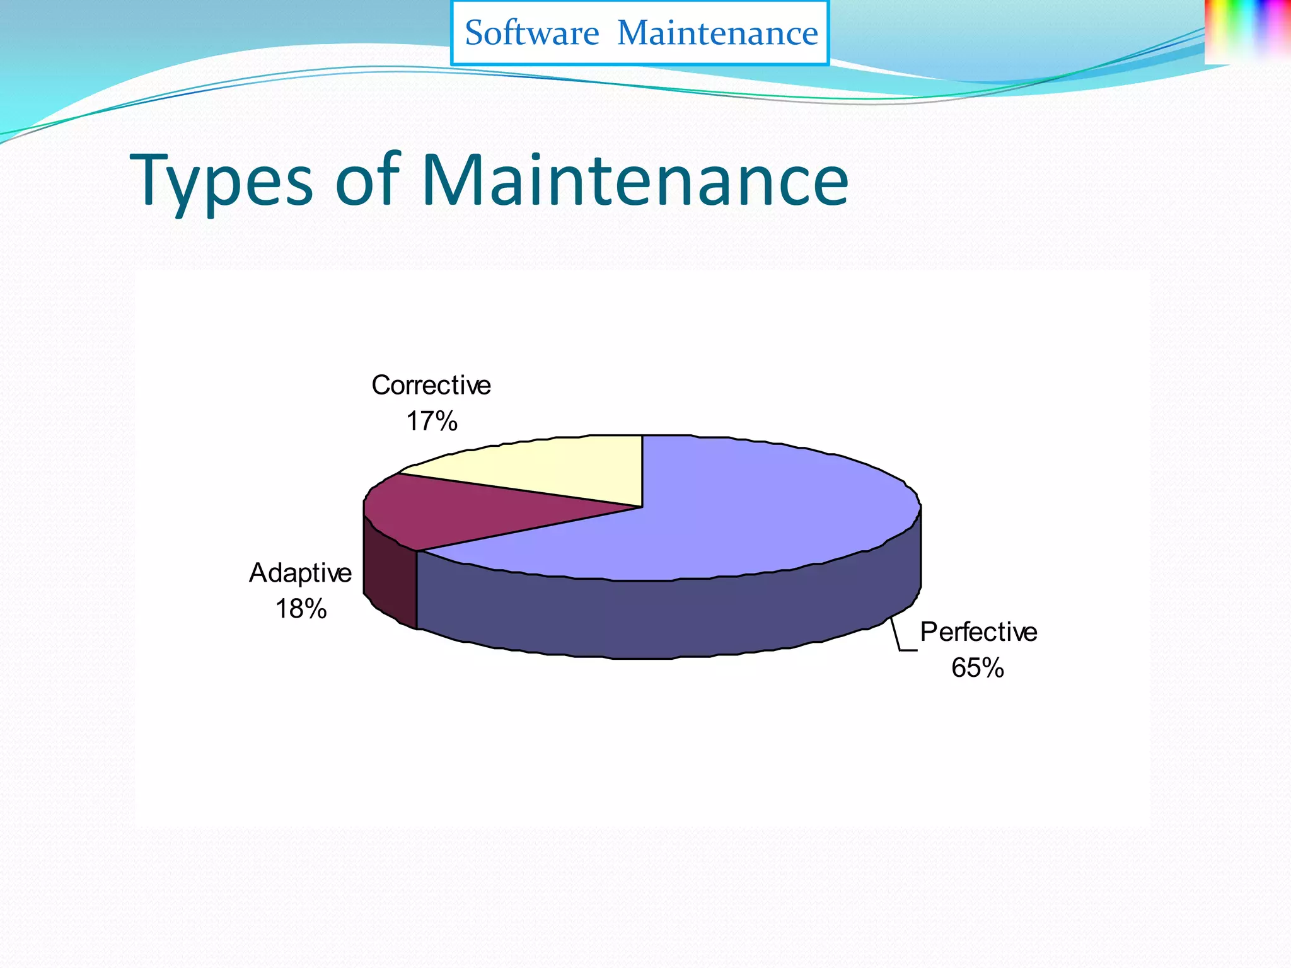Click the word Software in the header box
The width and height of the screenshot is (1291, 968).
tap(531, 33)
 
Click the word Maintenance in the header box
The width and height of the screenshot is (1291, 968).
tap(717, 33)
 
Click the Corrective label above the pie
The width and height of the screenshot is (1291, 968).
tap(431, 385)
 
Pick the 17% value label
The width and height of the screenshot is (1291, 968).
tap(431, 421)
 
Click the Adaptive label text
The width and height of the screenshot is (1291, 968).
tap(300, 573)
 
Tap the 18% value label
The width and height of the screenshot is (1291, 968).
tap(301, 609)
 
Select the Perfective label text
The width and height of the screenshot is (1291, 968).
tap(978, 632)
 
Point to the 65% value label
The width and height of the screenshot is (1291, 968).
tap(977, 668)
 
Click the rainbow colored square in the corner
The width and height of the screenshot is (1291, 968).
tap(1247, 32)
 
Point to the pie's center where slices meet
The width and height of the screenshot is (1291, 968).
tap(642, 507)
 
